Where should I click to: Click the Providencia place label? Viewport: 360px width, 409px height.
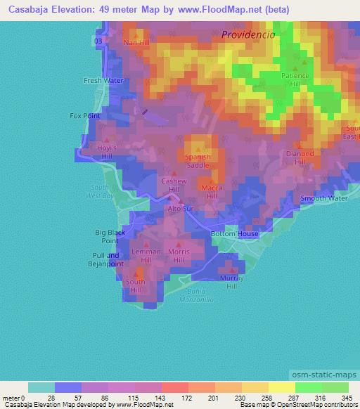(247, 34)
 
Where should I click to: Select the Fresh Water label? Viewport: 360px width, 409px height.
(103, 81)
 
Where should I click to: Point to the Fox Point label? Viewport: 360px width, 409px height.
(86, 115)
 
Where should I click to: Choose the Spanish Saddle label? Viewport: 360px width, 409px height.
(198, 161)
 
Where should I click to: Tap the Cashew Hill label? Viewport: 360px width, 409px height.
(174, 185)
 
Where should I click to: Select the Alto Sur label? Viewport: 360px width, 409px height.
(179, 209)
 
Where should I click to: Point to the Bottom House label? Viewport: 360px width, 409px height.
(235, 234)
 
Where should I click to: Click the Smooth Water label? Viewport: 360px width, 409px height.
(324, 199)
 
